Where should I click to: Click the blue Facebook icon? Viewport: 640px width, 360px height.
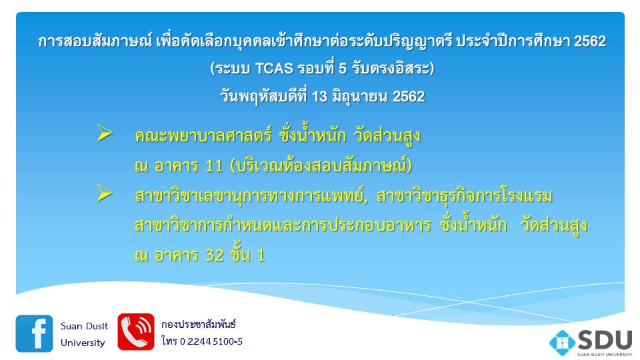(34, 333)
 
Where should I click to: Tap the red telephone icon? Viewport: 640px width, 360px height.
(136, 332)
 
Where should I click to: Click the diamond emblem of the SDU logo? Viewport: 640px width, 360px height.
(562, 343)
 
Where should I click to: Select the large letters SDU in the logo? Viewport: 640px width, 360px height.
(605, 339)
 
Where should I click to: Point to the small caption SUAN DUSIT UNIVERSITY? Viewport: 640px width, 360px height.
(605, 354)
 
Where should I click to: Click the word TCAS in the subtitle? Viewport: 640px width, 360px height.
(274, 68)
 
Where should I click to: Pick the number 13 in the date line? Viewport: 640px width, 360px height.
(319, 97)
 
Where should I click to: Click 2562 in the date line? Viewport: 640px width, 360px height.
(409, 97)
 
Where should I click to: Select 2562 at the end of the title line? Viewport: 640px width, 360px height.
(590, 41)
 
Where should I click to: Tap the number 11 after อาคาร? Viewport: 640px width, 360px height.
(214, 166)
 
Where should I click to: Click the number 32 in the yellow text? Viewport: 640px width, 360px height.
(214, 255)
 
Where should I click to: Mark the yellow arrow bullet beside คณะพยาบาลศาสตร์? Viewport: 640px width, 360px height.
(105, 133)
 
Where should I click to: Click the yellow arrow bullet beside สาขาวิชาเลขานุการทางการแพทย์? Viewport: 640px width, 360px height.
(105, 193)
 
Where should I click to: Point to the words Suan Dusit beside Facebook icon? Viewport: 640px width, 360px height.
(84, 326)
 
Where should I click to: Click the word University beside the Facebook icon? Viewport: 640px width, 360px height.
(83, 343)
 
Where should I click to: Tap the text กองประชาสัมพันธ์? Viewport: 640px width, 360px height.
(199, 325)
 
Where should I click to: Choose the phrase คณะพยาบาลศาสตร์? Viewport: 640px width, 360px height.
(203, 136)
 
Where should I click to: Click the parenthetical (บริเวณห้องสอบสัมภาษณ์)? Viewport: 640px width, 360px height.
(321, 166)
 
